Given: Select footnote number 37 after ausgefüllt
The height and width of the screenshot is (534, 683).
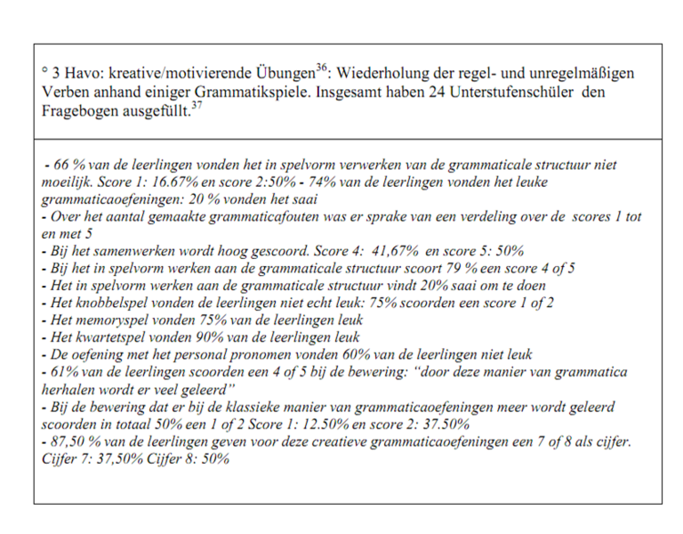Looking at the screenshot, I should [x=194, y=107].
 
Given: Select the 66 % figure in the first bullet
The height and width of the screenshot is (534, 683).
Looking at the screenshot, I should [x=64, y=166].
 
